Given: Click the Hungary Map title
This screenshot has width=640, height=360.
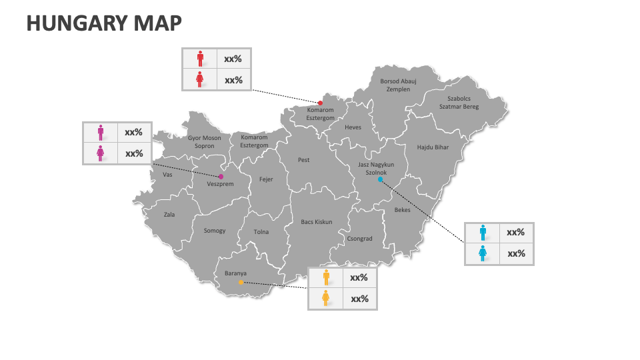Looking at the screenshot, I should point(104,23).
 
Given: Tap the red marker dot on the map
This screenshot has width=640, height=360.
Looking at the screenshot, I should point(320,103).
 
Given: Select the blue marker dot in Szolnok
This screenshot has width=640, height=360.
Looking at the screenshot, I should point(380,179).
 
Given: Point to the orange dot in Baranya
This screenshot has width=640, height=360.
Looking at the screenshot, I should point(241,282).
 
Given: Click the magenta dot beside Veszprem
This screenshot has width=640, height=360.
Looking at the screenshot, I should point(221,177).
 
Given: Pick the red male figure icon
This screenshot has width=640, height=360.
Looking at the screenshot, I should point(200,59).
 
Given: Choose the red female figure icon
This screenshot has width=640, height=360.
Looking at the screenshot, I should point(200,80).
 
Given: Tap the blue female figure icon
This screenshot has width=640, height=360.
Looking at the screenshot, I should point(483,253).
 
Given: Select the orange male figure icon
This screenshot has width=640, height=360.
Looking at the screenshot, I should point(326,277).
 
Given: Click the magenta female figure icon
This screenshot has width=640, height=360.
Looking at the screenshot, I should point(100,153).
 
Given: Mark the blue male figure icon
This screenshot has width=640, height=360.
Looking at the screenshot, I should point(483,233).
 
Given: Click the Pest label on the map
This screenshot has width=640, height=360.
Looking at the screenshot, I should point(303,160).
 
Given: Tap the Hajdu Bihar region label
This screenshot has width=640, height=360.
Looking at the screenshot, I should point(433,147).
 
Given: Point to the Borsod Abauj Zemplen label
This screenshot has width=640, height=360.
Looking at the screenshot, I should point(398,85).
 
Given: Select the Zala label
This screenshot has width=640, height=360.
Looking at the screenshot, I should point(169,215).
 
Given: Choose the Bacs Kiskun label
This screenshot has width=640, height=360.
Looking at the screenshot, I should point(316,222).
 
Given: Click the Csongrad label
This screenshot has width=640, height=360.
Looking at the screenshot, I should point(359,239).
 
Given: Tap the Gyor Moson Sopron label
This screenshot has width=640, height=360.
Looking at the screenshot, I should point(204,142).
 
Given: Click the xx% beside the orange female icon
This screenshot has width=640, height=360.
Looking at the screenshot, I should point(359,299).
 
